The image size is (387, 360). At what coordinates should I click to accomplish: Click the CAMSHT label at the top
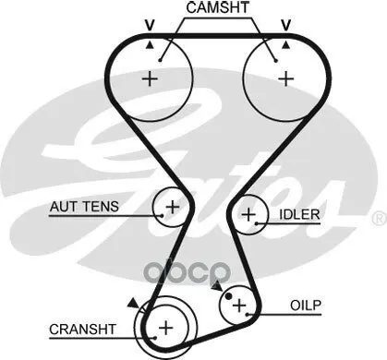coord(217,7)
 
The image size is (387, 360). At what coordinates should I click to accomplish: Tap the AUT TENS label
coord(84,207)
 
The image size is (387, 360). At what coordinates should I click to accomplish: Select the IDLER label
coord(299,214)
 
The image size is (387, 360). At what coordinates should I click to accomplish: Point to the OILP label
coord(306,306)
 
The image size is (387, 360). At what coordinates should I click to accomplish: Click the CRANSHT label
coord(82,330)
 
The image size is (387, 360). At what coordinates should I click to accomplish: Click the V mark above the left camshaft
coord(150,25)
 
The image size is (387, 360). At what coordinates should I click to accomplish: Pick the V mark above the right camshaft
coord(286,25)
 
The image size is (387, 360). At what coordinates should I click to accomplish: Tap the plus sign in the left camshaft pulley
coord(150,78)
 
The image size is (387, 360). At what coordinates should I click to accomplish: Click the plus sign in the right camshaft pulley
coord(286,78)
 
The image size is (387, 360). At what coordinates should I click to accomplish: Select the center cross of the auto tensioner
coord(173,207)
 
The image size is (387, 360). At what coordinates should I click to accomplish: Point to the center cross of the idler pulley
coord(248,214)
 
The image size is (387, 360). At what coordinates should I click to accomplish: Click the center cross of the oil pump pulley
coord(239,306)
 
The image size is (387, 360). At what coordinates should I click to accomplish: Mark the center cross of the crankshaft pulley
coord(166,328)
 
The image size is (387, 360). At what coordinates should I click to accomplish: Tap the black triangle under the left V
coord(150,45)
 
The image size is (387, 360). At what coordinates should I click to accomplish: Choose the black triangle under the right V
coord(286,45)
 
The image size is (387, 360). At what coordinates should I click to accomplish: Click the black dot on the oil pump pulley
coord(228,296)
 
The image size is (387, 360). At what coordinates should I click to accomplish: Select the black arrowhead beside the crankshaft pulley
coord(133,303)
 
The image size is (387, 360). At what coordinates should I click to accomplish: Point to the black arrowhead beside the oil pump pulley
coord(217,286)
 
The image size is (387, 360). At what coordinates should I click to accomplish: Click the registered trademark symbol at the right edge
coord(380,219)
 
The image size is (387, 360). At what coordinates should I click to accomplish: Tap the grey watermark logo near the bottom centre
coord(187,272)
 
